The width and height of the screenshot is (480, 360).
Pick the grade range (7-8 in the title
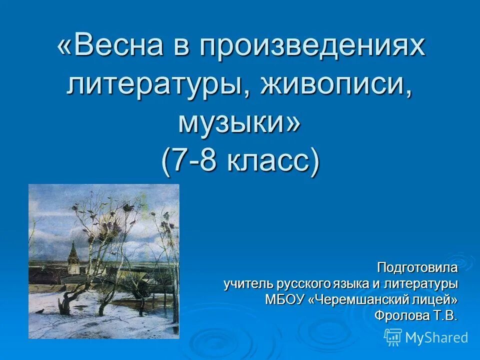192,160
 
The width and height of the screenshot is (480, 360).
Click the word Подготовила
417,267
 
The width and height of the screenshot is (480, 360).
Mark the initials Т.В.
446,315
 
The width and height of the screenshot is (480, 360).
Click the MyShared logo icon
393,337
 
